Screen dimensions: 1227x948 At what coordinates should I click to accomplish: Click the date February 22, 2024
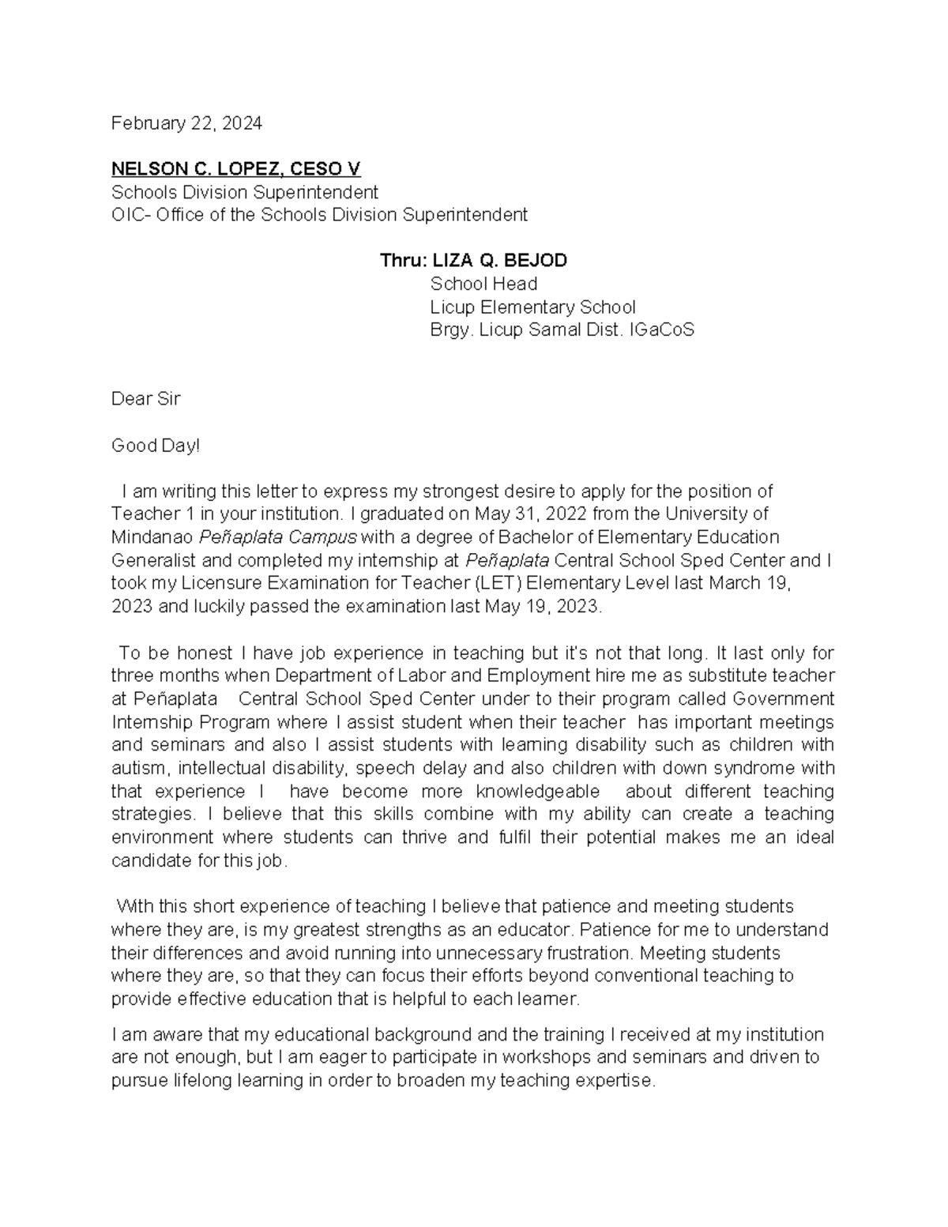pos(186,123)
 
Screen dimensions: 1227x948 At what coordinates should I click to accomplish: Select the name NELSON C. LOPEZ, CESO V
pos(235,169)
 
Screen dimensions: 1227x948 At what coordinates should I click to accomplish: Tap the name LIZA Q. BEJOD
pos(499,261)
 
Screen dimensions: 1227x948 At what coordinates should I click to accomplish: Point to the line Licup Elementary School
pos(532,307)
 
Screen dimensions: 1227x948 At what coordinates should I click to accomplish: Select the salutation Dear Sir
pos(145,399)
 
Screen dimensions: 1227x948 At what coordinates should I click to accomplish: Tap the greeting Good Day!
pos(156,446)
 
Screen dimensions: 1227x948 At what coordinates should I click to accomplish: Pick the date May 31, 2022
pos(519,514)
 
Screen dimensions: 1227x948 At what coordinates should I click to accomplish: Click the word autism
pos(139,769)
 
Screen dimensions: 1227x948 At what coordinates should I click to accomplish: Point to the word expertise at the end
pos(615,1081)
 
